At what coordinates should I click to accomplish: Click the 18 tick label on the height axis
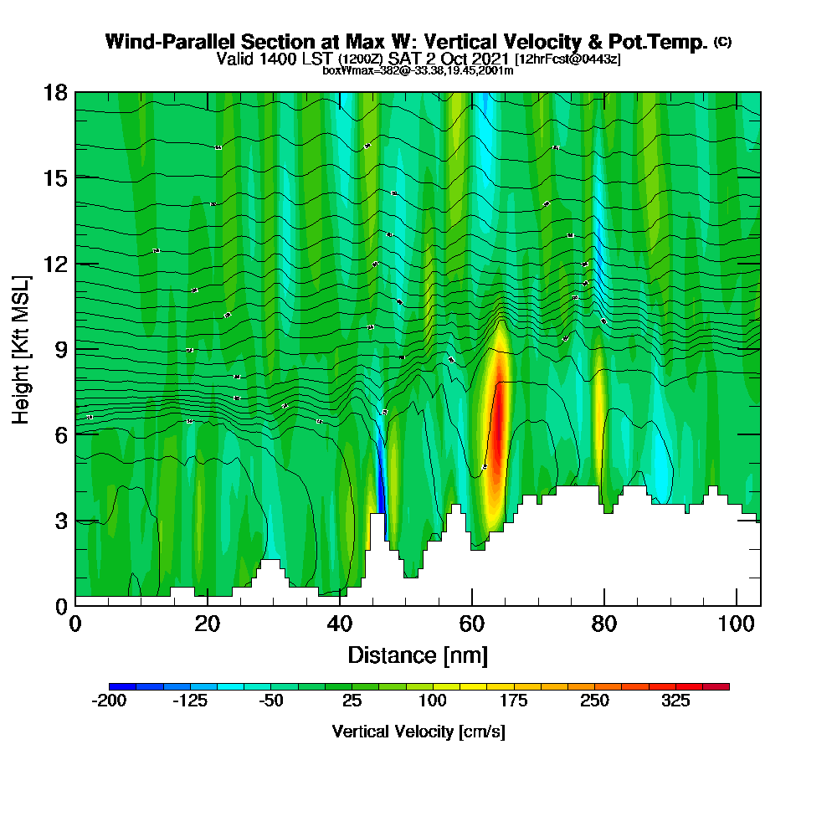55,92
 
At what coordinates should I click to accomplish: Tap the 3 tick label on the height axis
60,520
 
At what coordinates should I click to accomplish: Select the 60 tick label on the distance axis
471,624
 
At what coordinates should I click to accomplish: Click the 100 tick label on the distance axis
736,624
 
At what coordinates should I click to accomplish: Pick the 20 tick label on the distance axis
207,624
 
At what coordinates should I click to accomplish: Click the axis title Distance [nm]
418,655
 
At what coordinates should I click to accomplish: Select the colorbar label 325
675,701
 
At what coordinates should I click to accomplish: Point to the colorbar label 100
433,701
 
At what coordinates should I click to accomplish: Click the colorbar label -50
270,701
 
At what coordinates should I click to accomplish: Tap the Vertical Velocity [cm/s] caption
418,732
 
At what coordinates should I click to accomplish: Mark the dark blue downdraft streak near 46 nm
381,477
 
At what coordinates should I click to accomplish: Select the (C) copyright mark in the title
722,41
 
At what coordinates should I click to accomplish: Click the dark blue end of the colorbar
115,686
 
